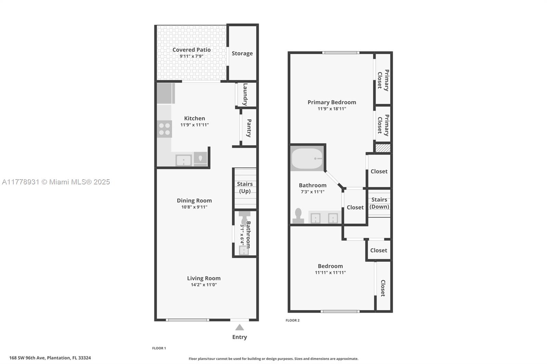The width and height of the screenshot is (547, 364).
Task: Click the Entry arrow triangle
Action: coord(240,327)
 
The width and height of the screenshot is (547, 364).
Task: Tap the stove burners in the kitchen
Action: coord(164,129)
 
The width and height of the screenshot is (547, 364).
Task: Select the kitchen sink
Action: coord(183,160)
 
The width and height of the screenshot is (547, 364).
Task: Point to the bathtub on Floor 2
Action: coord(307,158)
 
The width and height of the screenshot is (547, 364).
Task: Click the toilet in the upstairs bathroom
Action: coord(298,216)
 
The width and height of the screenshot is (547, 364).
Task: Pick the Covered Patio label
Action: coord(191,50)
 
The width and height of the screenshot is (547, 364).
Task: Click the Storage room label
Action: coord(242,53)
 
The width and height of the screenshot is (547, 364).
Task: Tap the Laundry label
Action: coord(245,95)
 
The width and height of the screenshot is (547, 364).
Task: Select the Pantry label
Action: coord(249,128)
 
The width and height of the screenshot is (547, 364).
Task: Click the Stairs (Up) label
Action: coord(245,187)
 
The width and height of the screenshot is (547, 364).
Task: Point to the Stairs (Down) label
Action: coord(379,203)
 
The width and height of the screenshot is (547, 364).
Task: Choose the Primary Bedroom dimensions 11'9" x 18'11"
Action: coord(332,109)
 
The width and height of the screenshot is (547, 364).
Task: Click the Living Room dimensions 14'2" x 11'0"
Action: coord(204,285)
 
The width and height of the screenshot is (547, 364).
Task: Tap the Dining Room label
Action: coord(195,200)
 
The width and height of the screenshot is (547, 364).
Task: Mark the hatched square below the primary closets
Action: coord(383,148)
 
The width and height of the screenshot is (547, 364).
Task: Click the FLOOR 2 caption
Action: coord(293,320)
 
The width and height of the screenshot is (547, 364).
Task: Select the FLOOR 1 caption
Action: coord(159,348)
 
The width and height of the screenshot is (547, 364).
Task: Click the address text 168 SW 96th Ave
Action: coord(27,358)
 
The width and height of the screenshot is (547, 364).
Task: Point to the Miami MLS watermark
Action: coord(56,182)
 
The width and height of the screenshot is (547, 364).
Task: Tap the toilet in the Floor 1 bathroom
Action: coord(244,218)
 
